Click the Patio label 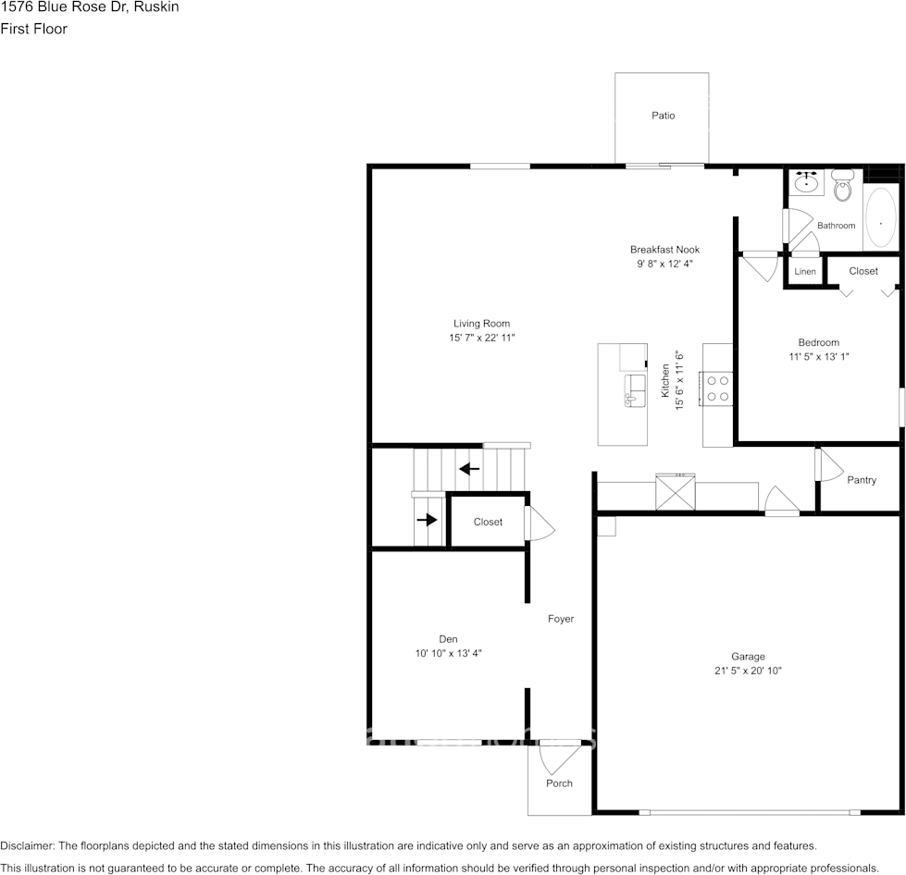pos(663,116)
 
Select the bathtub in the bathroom pos(880,218)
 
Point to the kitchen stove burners pos(716,388)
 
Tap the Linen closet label pos(805,272)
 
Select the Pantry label pos(862,480)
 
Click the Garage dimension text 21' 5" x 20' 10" pos(748,671)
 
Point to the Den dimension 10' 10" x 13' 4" pos(448,653)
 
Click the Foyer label pos(561,619)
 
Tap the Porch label pos(559,783)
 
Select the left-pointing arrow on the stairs pos(469,468)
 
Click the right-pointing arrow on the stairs pos(427,520)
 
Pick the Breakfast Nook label pos(664,250)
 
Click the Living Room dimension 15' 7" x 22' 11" pos(481,338)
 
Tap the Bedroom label pos(818,342)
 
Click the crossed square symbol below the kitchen pos(676,491)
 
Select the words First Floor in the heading pos(34,29)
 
